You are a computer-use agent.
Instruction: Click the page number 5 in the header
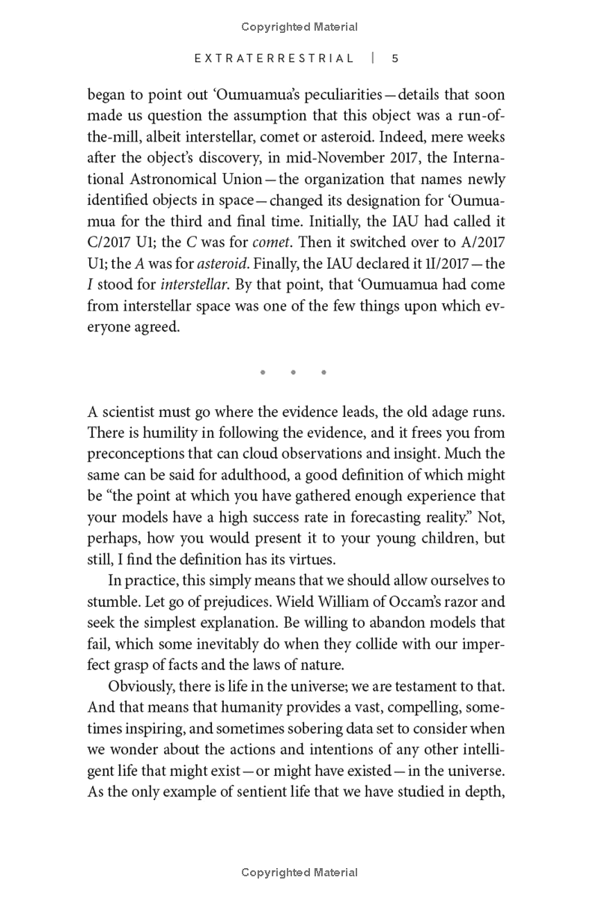click(395, 58)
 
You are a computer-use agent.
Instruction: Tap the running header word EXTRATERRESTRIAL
click(274, 58)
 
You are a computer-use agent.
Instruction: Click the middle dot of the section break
click(293, 372)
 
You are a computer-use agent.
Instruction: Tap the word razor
click(466, 601)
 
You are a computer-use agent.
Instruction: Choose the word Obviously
click(142, 685)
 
